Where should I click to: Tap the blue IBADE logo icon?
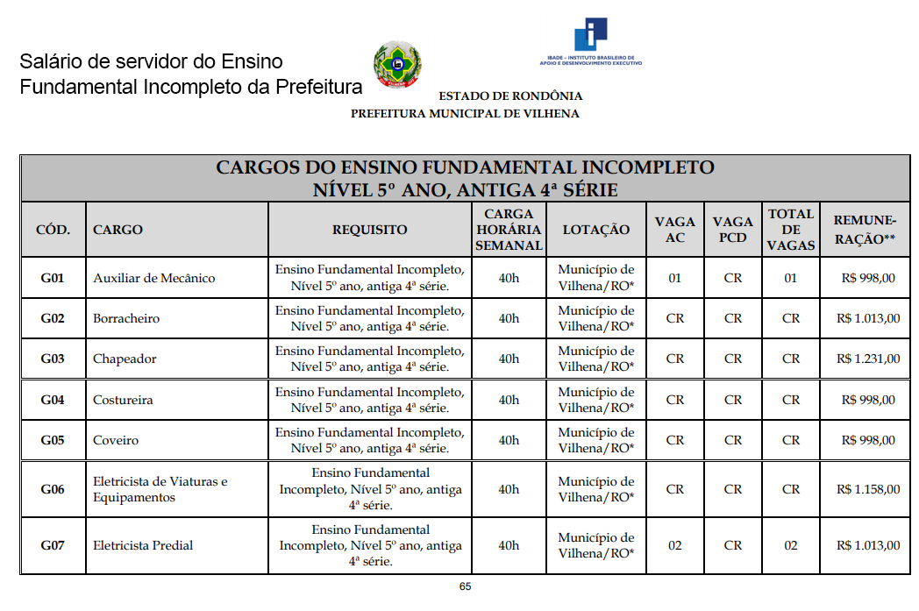point(591,34)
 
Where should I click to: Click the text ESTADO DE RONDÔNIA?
point(510,96)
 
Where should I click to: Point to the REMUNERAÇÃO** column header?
point(865,229)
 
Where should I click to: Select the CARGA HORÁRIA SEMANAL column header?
point(509,229)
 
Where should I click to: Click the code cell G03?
point(53,359)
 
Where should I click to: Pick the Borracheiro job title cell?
point(126,318)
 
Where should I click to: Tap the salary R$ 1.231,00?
point(867,359)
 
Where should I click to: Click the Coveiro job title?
point(116,440)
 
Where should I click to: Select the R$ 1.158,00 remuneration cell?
point(867,489)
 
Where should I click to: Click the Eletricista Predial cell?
point(143,545)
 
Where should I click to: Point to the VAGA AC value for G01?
point(674,278)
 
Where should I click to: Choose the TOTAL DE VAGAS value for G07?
point(791,545)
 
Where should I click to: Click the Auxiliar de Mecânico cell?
point(153,278)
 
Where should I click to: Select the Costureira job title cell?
point(123,400)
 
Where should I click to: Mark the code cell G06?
point(53,489)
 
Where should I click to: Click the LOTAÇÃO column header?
point(596,230)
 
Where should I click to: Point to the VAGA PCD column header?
point(733,230)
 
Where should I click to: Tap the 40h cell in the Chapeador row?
point(509,359)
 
